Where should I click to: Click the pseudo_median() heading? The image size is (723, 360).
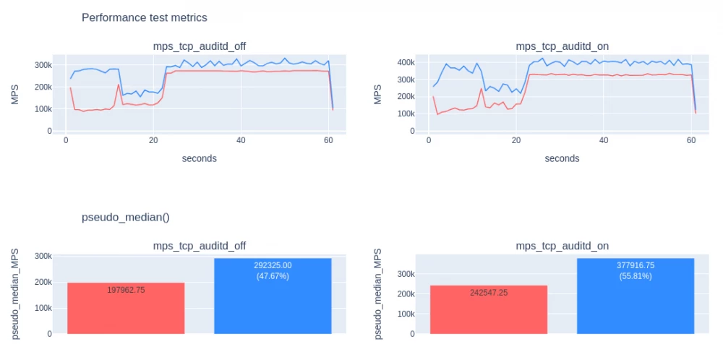point(125,217)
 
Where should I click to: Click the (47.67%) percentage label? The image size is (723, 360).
point(273,276)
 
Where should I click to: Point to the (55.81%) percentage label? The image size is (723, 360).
point(636,276)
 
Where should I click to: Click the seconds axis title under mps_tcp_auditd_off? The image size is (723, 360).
point(199,158)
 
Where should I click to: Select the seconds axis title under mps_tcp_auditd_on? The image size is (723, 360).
point(562,158)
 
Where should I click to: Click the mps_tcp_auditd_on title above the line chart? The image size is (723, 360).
point(562,46)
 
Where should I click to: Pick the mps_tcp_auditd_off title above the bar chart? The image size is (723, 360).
point(199,246)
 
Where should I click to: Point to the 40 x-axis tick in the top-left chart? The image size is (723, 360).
point(241,141)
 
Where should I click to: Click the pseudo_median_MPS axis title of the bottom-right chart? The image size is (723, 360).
point(379,295)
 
